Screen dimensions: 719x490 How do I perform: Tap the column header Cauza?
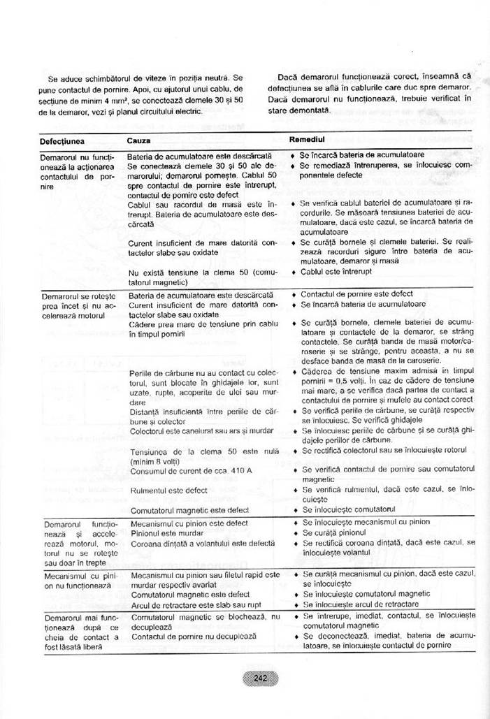pyautogui.click(x=138, y=140)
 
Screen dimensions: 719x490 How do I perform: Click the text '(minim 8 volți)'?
pyautogui.click(x=155, y=461)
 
